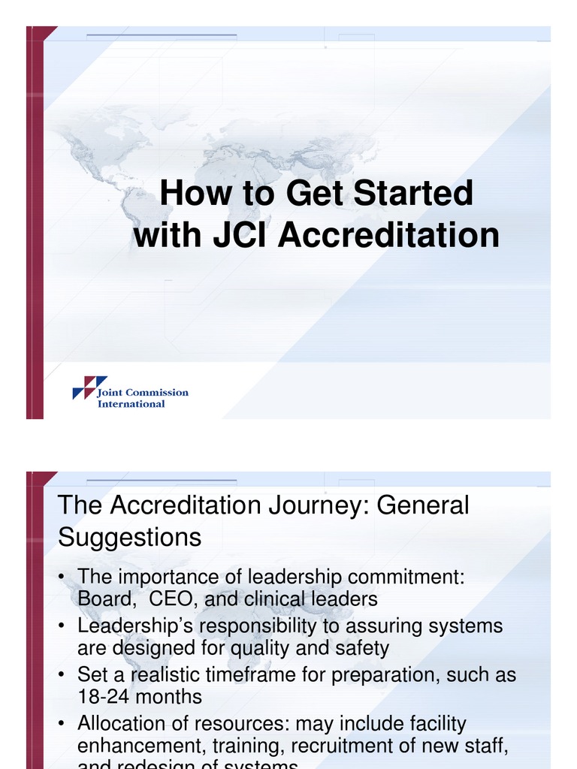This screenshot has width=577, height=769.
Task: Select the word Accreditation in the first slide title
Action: coord(388,235)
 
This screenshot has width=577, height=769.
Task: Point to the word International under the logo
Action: coord(131,404)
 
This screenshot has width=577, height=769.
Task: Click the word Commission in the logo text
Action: coord(157,392)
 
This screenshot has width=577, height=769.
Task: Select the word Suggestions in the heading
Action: coord(129,538)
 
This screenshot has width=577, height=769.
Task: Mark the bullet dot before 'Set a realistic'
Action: coord(60,674)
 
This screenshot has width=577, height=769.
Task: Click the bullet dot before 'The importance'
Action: coord(60,578)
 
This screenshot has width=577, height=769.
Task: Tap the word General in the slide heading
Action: coord(422,505)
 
